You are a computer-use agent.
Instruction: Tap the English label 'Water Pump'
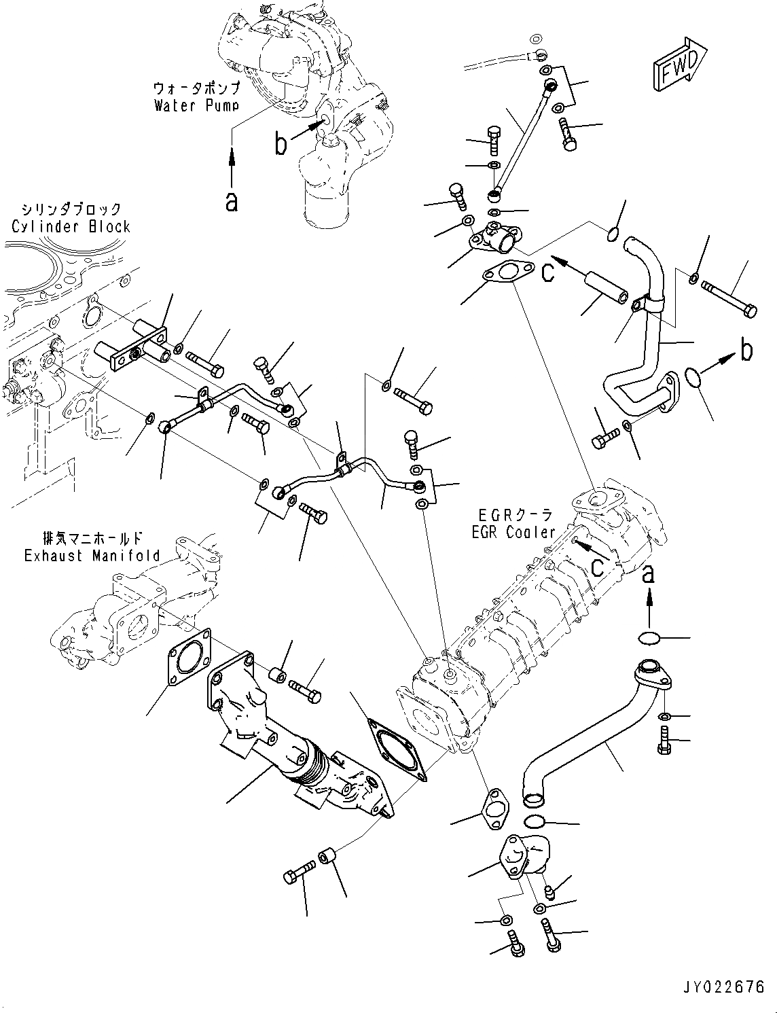click(x=196, y=105)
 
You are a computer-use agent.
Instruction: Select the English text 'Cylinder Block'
click(x=71, y=226)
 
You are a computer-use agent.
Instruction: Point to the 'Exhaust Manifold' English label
click(x=92, y=556)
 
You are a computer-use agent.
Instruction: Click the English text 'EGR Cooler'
click(x=513, y=533)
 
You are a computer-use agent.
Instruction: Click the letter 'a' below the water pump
click(x=232, y=201)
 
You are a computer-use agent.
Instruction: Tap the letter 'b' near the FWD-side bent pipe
click(x=746, y=351)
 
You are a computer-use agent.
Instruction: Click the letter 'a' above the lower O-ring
click(x=649, y=574)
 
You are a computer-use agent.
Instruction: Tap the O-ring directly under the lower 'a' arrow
click(x=649, y=638)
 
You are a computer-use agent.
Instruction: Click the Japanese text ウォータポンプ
click(x=196, y=89)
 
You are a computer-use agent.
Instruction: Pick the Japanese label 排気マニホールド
click(x=92, y=539)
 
